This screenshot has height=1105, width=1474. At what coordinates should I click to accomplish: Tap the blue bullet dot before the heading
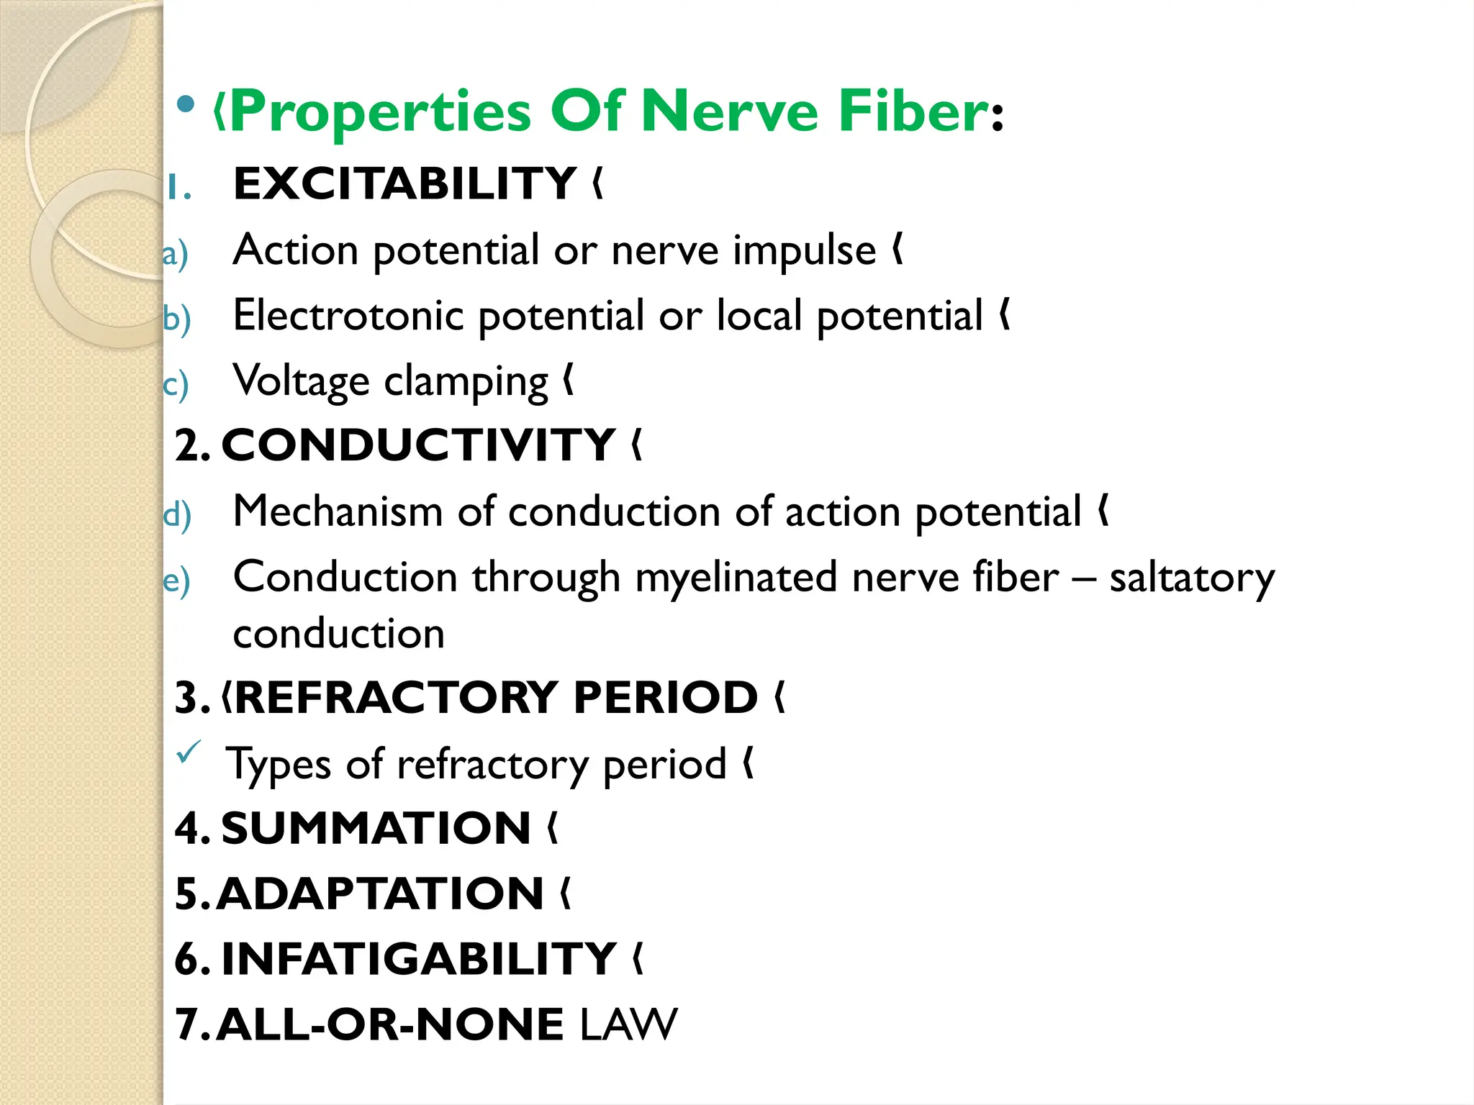(x=186, y=105)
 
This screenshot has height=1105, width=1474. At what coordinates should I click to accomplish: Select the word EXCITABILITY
(x=404, y=183)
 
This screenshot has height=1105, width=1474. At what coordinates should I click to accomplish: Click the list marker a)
(x=175, y=255)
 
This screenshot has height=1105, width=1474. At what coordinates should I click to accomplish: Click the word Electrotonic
(x=348, y=316)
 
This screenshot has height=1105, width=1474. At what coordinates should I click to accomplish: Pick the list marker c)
(x=175, y=385)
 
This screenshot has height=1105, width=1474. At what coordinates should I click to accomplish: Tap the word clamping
(x=466, y=381)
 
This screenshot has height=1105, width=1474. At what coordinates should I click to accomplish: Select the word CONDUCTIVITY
(x=418, y=445)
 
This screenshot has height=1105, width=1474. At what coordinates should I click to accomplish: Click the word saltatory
(x=1191, y=578)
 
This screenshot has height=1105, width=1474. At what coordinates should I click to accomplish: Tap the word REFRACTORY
(x=395, y=697)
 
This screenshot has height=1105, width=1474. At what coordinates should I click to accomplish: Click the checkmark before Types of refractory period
(x=189, y=752)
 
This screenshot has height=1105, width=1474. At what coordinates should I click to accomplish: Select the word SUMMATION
(x=376, y=828)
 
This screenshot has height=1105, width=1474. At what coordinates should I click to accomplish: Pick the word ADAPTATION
(x=380, y=893)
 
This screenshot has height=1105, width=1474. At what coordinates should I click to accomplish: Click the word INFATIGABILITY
(x=418, y=959)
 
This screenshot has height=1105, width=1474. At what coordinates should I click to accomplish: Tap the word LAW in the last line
(x=628, y=1024)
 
